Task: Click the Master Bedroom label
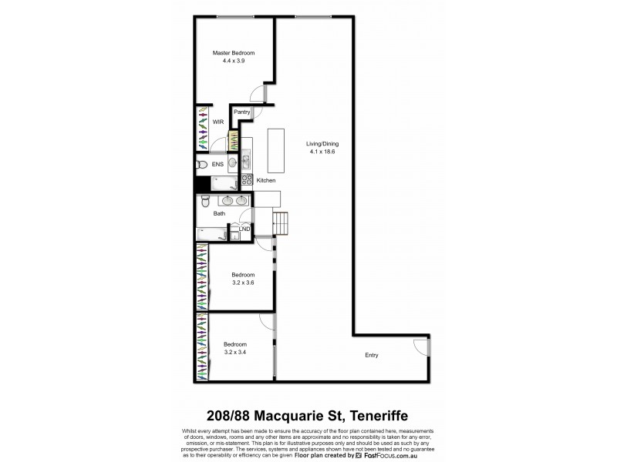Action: click(x=234, y=52)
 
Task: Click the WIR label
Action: click(x=218, y=122)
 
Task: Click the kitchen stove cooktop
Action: click(x=248, y=179)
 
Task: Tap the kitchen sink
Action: click(x=245, y=161)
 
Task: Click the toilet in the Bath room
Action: click(x=203, y=202)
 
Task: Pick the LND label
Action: click(x=244, y=229)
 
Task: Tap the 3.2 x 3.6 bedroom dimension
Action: click(x=244, y=283)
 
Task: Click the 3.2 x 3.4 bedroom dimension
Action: click(x=234, y=352)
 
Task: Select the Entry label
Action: click(x=372, y=355)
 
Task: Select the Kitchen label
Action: click(x=266, y=180)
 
